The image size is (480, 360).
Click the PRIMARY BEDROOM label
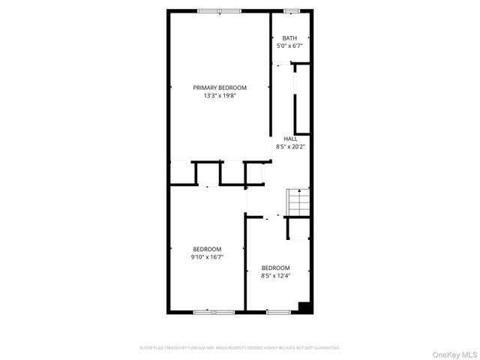pos(219,88)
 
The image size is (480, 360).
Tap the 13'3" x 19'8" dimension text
pos(219,95)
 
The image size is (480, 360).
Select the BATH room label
pos(289,38)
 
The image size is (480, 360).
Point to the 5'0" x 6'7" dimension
pos(289,46)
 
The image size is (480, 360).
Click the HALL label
pos(290,139)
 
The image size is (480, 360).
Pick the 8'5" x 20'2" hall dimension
pos(290,146)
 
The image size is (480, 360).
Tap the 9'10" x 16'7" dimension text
pos(207,256)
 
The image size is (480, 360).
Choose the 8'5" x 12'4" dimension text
pos(275,275)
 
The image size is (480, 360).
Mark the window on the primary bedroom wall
pos(220,10)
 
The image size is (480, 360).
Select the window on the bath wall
pos(292,10)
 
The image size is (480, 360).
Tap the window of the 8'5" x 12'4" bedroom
pos(277,310)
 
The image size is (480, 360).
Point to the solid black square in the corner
pos(304,306)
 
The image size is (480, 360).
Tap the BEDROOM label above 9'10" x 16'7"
pos(207,249)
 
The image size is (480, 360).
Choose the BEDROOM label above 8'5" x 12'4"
pos(275,268)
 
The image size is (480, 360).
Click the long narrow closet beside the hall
pos(303,101)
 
